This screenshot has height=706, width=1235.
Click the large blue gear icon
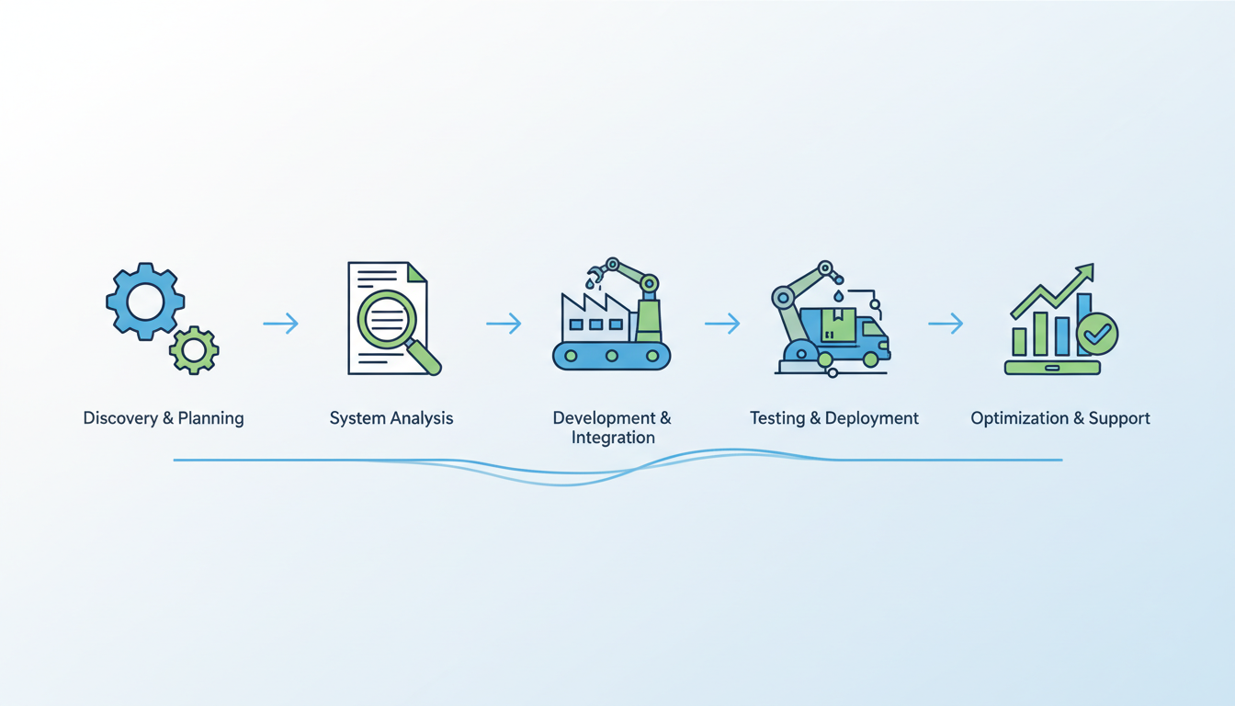(x=145, y=302)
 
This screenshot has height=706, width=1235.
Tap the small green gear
(x=194, y=349)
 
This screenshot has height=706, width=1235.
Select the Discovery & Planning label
(x=164, y=418)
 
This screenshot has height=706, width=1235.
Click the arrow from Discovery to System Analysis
(x=280, y=324)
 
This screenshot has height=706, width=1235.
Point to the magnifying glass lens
(x=385, y=317)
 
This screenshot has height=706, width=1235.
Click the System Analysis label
(x=391, y=418)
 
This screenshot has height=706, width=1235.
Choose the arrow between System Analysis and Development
(x=504, y=324)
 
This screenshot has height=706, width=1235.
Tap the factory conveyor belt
(x=611, y=355)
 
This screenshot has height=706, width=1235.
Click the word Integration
(x=613, y=438)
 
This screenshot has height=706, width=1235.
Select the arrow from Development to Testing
(x=722, y=324)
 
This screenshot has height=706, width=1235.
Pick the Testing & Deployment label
(x=834, y=418)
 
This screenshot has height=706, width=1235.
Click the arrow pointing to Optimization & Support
(x=946, y=324)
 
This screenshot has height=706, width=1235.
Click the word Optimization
(x=1020, y=418)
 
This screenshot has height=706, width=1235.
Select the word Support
(x=1119, y=418)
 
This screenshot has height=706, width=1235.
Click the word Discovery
(x=120, y=418)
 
